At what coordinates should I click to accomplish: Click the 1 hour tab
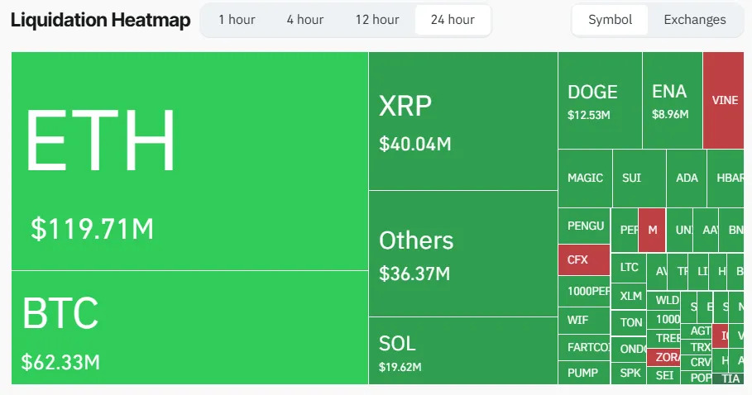(237, 20)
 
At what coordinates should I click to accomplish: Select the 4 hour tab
(305, 20)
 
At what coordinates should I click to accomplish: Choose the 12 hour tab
(376, 20)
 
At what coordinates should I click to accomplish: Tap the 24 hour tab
(453, 20)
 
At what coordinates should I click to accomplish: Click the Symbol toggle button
(610, 20)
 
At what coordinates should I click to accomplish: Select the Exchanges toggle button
(695, 20)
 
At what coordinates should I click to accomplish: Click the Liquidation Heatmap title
(100, 20)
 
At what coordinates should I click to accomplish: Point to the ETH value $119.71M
(92, 229)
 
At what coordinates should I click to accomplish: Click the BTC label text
(60, 314)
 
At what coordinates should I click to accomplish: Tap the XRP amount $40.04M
(415, 144)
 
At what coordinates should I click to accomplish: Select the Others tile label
(416, 240)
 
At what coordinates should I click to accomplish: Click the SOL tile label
(397, 343)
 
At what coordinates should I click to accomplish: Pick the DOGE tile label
(592, 92)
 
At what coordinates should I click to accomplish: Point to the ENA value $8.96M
(670, 115)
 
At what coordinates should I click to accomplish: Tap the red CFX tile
(583, 259)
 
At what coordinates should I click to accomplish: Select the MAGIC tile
(585, 178)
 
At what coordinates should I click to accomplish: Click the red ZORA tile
(667, 358)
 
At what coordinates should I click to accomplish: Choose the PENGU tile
(585, 226)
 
